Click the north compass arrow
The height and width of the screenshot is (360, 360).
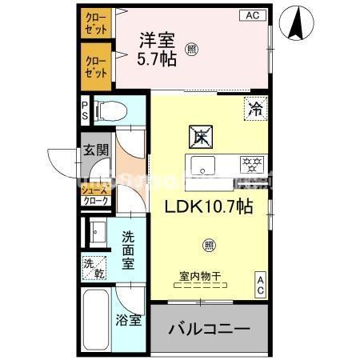[x=298, y=23]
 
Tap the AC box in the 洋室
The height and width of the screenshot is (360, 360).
[x=252, y=15]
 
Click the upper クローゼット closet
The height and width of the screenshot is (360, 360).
[x=97, y=22]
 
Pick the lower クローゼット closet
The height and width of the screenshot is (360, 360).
[x=97, y=66]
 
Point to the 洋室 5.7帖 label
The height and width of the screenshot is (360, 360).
[x=158, y=48]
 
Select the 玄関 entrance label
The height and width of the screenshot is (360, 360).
[x=95, y=150]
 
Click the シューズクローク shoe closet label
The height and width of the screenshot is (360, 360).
[x=96, y=197]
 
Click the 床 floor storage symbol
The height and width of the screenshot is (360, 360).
[x=200, y=137]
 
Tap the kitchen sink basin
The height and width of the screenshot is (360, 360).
[x=204, y=166]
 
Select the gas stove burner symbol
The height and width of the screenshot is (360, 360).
[x=252, y=166]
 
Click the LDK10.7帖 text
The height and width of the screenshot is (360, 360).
[x=208, y=206]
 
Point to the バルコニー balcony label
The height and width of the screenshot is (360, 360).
[x=210, y=328]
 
